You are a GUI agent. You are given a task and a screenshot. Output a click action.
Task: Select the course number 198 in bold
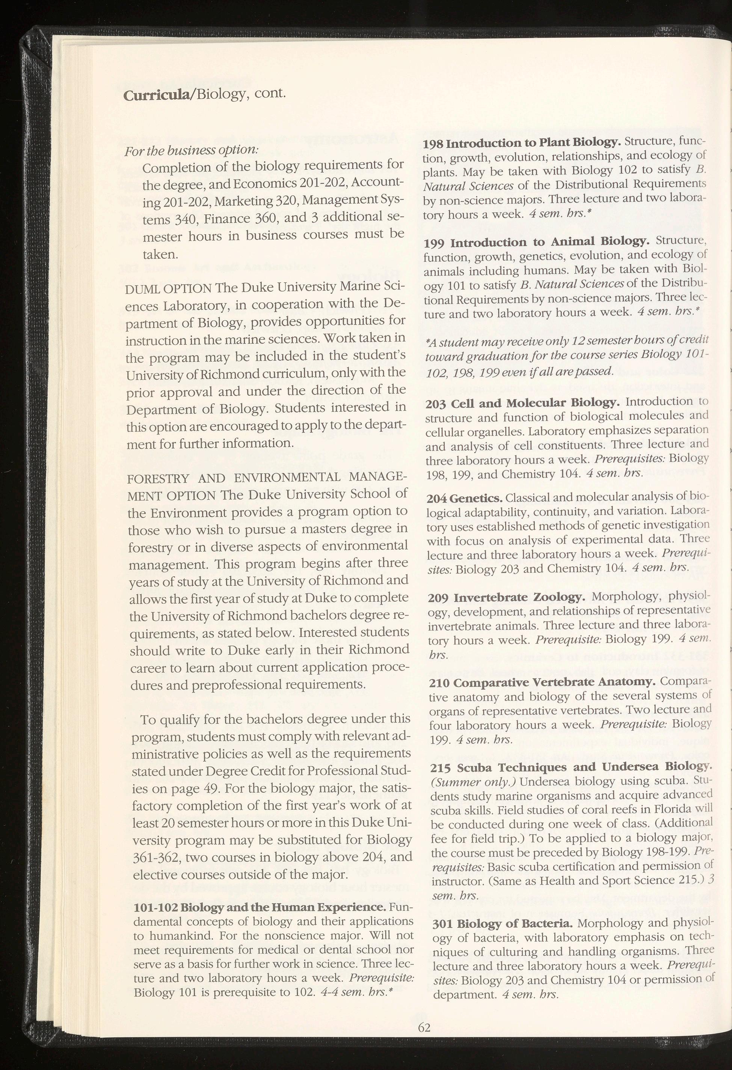pos(434,144)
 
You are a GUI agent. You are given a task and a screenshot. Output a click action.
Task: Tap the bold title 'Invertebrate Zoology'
pos(520,598)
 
